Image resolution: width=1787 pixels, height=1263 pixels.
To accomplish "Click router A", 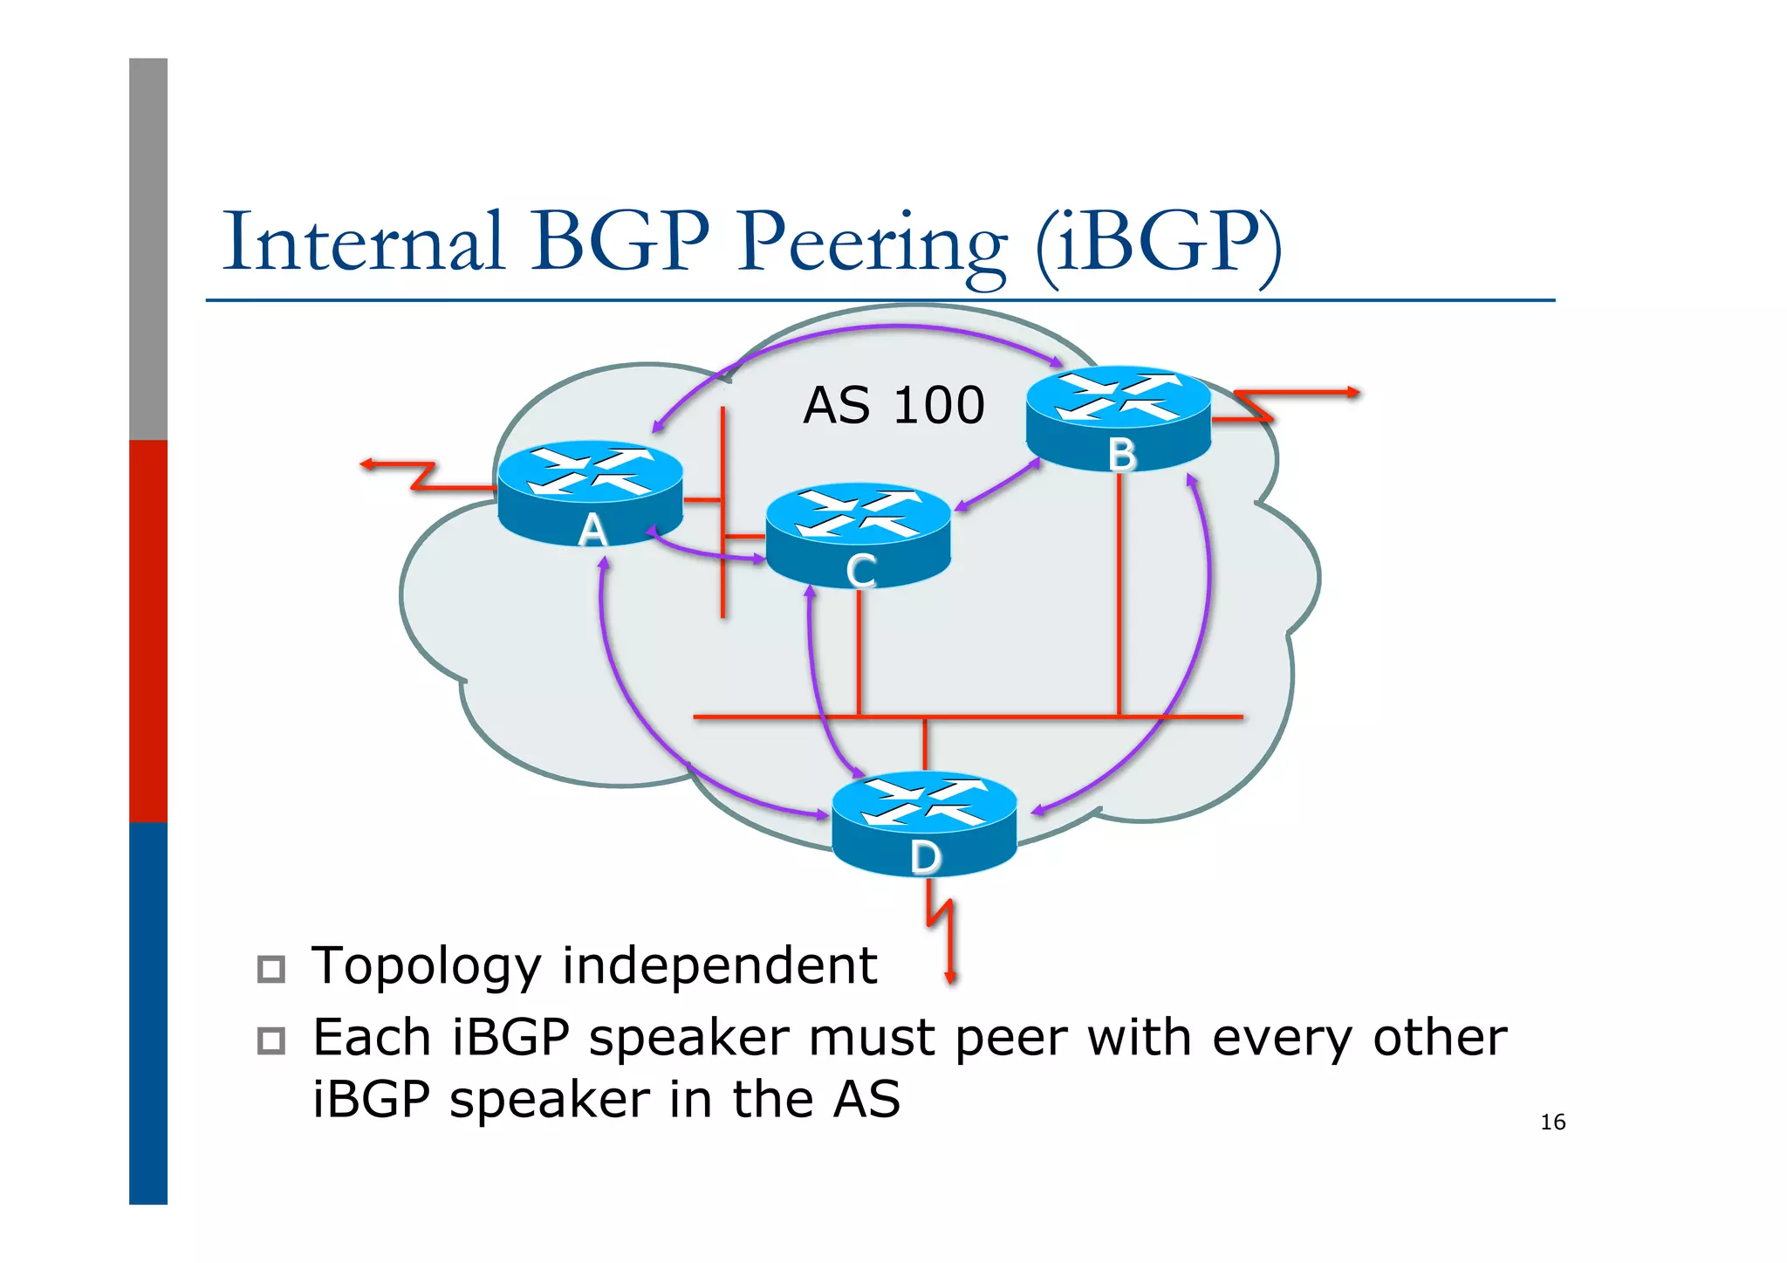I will coord(591,493).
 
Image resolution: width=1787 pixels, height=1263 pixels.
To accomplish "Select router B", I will coord(1119,419).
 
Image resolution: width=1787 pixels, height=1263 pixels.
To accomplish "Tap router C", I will coord(859,535).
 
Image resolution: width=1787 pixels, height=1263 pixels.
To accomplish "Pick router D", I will coord(924,823).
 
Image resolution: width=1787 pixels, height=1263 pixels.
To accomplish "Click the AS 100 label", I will coord(893,406).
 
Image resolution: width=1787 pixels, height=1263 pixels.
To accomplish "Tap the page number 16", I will coord(1552,1122).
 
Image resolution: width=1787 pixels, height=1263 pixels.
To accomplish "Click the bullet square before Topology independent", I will coord(271,969).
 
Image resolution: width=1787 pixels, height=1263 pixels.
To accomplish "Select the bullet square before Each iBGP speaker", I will coord(271,1040).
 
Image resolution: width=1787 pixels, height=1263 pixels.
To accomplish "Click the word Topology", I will coord(426,967).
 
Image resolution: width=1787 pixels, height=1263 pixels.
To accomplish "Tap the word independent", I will coord(719,965).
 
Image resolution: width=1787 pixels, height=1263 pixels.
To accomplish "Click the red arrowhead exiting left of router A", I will coord(367,464).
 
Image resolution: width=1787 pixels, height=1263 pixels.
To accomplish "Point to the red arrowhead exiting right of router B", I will coord(1353,393).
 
